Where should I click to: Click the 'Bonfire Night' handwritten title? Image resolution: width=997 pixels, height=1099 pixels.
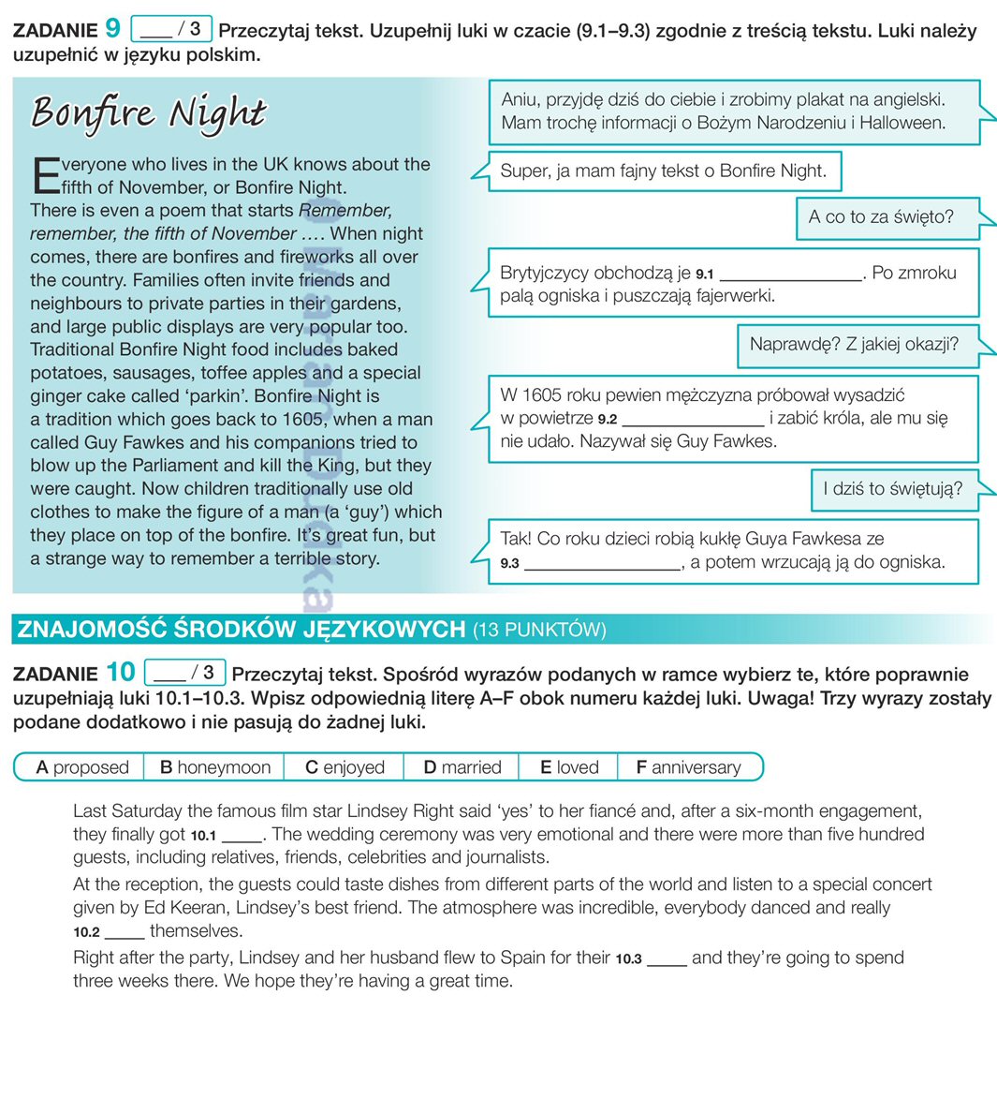[149, 112]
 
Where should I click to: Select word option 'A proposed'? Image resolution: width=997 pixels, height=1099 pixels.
[81, 767]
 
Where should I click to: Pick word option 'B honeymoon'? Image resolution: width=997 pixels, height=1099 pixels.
[214, 767]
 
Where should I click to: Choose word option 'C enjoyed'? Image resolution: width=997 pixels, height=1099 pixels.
[345, 767]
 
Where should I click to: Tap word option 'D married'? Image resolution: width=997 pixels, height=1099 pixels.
[462, 767]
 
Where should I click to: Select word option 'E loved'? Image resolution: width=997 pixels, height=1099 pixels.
[568, 767]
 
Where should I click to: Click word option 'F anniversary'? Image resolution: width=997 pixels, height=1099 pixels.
[688, 767]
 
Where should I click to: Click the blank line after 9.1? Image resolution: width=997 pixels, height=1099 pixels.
[791, 275]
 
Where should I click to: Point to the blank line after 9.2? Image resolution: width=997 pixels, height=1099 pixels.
[693, 420]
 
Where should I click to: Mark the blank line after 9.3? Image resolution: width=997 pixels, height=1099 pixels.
[603, 564]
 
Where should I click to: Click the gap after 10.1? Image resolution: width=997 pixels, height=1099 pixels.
[242, 836]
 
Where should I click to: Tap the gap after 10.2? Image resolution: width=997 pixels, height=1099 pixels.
[125, 932]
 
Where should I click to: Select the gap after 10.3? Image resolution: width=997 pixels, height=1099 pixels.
[667, 959]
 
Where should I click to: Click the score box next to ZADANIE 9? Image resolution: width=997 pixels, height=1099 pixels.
[172, 29]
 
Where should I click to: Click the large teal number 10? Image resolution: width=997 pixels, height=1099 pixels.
[121, 672]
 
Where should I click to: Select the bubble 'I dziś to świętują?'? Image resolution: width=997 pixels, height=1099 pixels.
[893, 489]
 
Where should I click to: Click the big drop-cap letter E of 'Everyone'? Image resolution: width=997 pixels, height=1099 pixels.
[45, 175]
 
